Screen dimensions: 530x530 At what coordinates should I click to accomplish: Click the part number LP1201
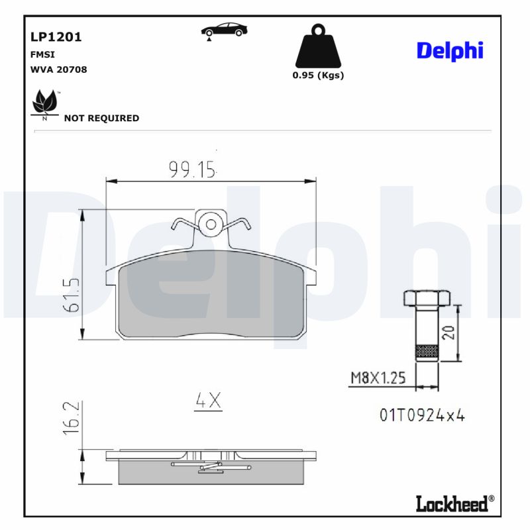[x=56, y=37]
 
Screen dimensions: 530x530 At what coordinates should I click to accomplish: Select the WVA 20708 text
[x=58, y=69]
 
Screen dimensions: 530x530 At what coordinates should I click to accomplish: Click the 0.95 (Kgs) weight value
[x=318, y=75]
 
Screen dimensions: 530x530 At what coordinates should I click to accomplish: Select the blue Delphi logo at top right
[x=450, y=50]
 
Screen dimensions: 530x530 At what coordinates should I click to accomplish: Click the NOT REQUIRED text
[x=101, y=118]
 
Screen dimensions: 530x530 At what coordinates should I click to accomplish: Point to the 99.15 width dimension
[x=192, y=170]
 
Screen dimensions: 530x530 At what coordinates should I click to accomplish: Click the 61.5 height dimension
[x=71, y=296]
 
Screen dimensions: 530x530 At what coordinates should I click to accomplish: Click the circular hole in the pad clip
[x=211, y=224]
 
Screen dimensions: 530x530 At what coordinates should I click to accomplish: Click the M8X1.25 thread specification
[x=377, y=379]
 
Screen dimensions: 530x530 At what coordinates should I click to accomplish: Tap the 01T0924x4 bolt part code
[x=423, y=415]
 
